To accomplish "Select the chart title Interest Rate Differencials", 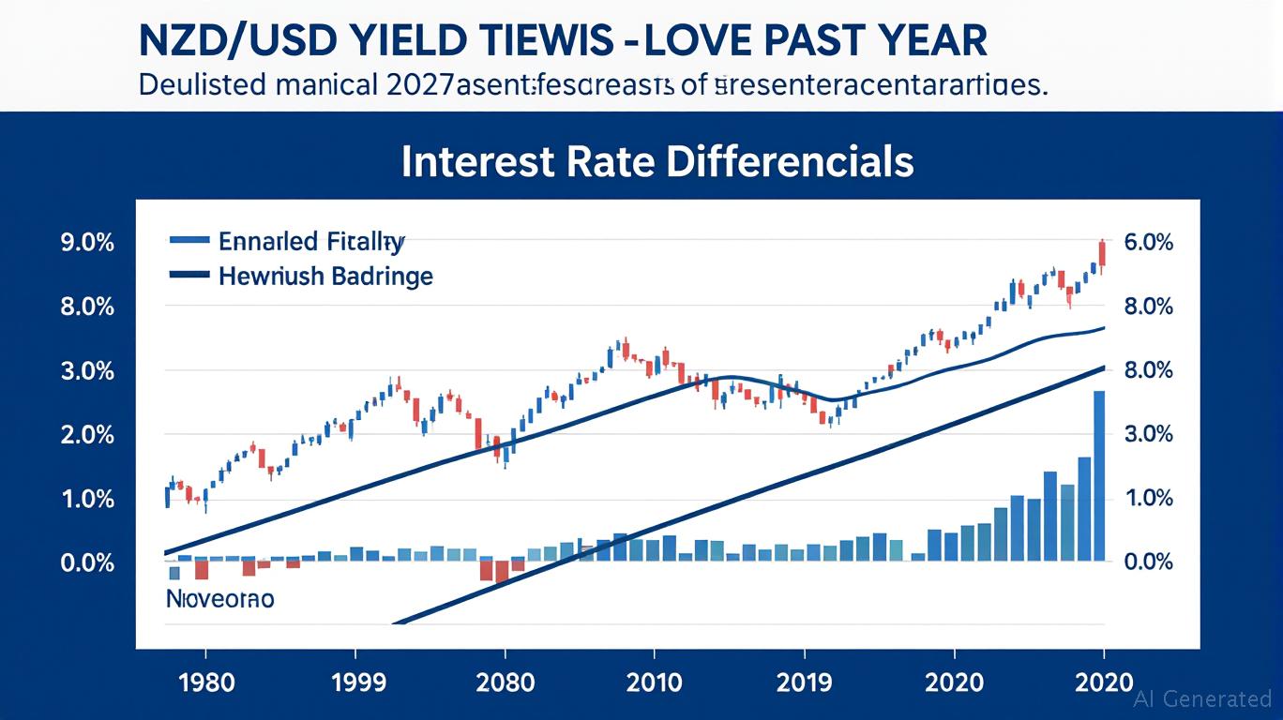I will click(x=657, y=161).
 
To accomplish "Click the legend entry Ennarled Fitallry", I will click(x=310, y=242).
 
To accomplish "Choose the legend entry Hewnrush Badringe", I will click(x=325, y=277).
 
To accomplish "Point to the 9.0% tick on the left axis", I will click(x=87, y=243).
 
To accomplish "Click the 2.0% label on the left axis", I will click(x=87, y=435).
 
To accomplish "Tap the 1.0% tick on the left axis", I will click(x=87, y=499).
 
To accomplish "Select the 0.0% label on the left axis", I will click(x=87, y=562).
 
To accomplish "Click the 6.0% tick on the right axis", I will click(x=1147, y=243).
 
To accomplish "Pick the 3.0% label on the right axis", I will click(x=1147, y=435).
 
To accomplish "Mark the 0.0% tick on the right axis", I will click(x=1147, y=562).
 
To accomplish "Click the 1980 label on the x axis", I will click(x=204, y=680).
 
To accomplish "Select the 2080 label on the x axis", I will click(x=505, y=680).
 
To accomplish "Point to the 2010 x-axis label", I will click(x=655, y=680).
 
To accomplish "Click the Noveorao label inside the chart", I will click(x=220, y=598).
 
